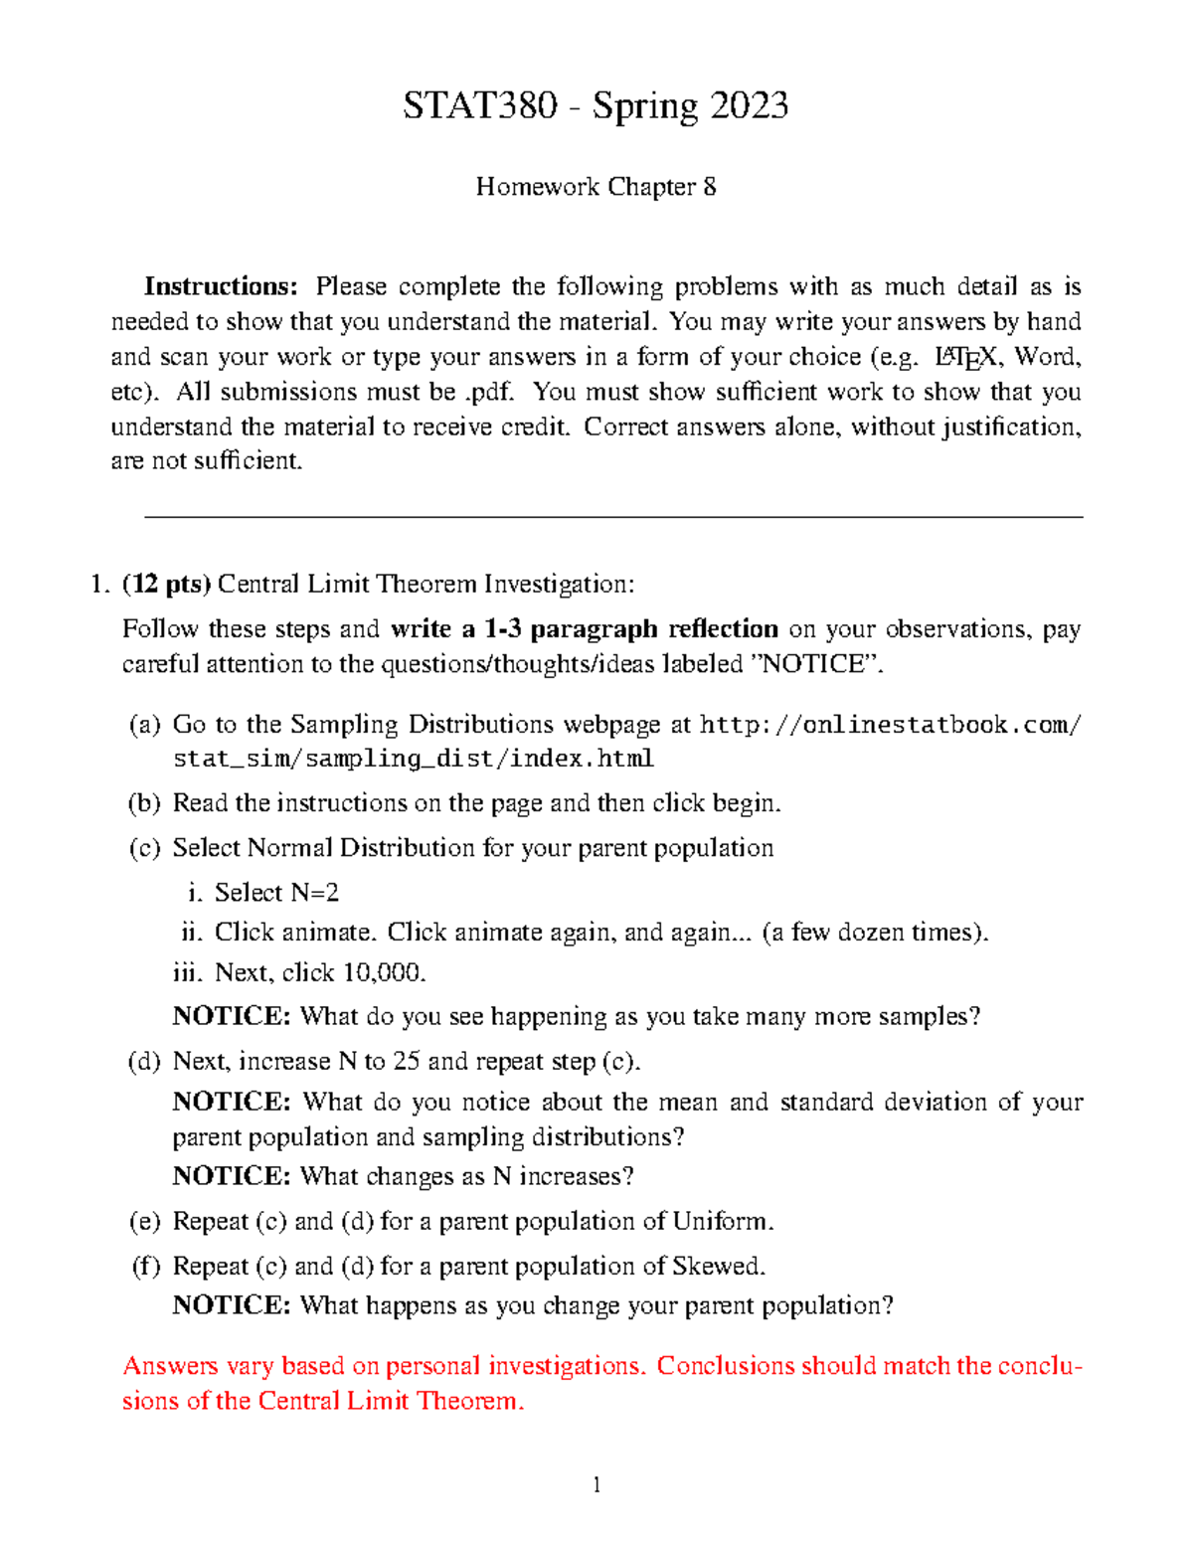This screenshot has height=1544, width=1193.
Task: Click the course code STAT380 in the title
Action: [x=479, y=105]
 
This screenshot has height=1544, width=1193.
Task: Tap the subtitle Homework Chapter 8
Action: [x=596, y=187]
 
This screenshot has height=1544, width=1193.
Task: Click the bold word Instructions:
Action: [x=221, y=287]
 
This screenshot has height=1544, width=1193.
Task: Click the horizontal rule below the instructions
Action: [x=613, y=517]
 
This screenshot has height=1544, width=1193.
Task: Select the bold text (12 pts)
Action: [x=166, y=584]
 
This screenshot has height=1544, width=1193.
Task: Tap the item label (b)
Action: [x=144, y=803]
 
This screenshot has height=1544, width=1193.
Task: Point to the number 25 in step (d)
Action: [x=406, y=1062]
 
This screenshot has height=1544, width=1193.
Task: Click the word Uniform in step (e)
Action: [x=721, y=1222]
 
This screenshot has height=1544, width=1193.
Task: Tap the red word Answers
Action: [x=170, y=1367]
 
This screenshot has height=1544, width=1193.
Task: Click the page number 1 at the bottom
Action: [x=596, y=1485]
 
